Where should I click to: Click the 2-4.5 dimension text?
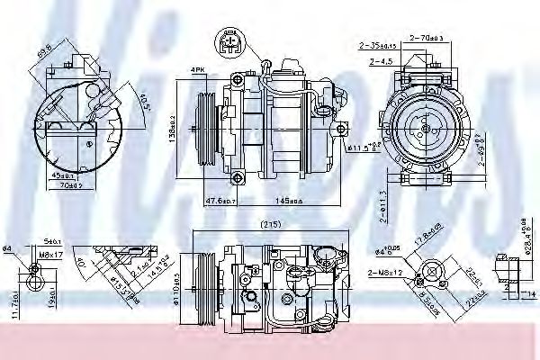click(x=382, y=62)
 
